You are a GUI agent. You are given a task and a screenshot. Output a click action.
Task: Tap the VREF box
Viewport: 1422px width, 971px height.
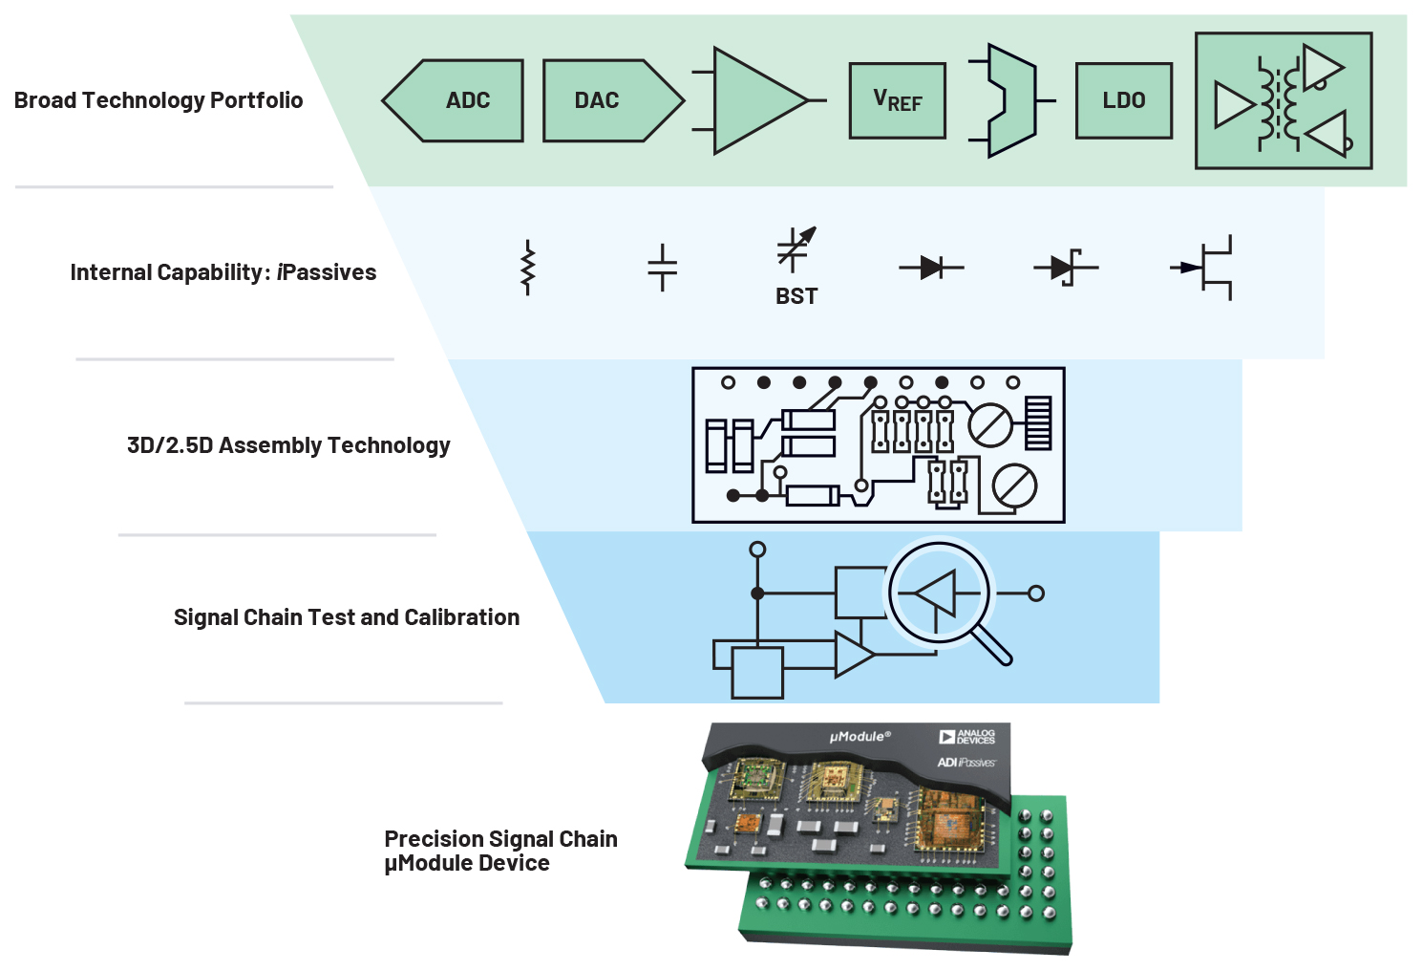[x=898, y=101]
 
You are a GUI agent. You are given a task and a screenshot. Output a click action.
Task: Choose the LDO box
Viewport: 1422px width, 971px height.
[x=1124, y=101]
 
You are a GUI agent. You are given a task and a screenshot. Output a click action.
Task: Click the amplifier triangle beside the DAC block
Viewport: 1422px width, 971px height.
[x=754, y=100]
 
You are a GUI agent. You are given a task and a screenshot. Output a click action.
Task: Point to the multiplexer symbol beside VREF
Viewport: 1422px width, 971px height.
[x=1010, y=100]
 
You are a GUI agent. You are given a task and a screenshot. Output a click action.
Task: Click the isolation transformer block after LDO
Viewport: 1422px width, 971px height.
[x=1284, y=101]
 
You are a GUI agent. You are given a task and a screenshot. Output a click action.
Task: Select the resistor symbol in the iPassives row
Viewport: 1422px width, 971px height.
[x=527, y=269]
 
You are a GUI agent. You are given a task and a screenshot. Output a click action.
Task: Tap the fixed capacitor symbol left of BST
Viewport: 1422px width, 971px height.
[x=662, y=268]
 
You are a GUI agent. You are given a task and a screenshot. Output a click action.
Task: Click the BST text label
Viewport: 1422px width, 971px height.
[x=796, y=296]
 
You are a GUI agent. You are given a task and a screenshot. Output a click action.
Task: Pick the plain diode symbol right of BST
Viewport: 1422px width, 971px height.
[x=931, y=268]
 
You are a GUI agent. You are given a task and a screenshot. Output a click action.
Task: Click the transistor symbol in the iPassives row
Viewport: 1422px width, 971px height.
[x=1205, y=268]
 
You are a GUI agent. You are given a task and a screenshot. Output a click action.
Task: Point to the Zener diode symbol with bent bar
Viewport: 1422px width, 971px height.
[x=1066, y=268]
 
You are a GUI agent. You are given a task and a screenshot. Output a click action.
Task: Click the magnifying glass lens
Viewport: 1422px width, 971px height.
[x=940, y=593]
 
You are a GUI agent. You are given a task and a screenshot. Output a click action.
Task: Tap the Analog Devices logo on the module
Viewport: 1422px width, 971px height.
[x=966, y=737]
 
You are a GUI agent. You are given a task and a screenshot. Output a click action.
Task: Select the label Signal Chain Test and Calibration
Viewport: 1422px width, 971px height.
[x=347, y=617]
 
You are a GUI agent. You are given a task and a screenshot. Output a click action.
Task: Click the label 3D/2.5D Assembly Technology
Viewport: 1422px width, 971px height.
[x=288, y=445]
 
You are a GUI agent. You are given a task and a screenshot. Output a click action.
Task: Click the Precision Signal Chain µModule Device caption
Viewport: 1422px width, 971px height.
[x=500, y=851]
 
